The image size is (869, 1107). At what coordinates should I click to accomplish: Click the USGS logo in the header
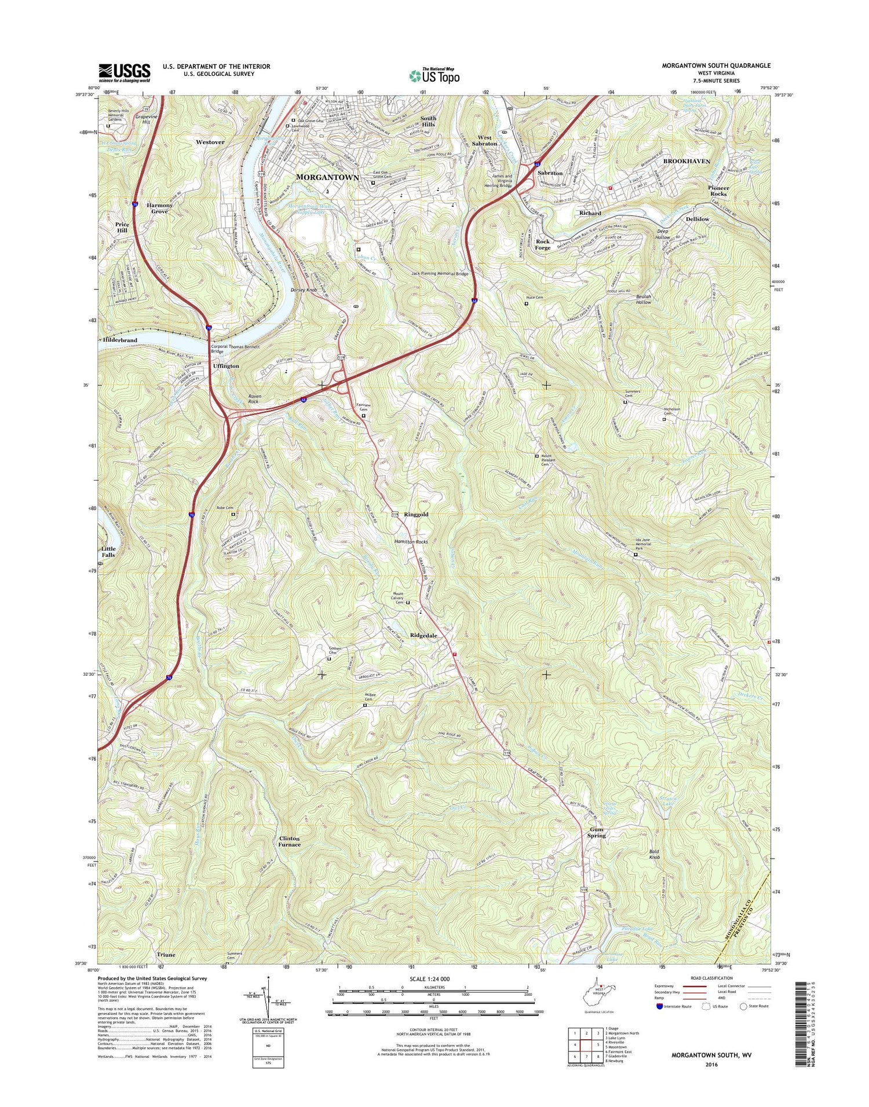click(124, 72)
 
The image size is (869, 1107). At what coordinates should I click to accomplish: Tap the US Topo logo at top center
click(434, 75)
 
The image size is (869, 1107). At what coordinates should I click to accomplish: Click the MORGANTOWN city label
click(327, 177)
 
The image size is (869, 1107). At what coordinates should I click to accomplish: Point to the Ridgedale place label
click(423, 635)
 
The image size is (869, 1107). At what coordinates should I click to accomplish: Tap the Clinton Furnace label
click(290, 841)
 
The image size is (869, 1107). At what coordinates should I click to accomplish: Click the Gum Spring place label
click(596, 832)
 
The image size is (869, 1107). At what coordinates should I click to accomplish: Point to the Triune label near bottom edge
click(166, 955)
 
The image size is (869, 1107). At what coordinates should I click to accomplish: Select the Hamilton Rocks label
click(411, 541)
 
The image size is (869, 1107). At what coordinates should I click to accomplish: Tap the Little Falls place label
click(108, 551)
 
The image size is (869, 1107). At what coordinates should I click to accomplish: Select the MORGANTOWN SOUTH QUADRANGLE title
click(716, 66)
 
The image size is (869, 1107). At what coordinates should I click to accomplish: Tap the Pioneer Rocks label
click(718, 190)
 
